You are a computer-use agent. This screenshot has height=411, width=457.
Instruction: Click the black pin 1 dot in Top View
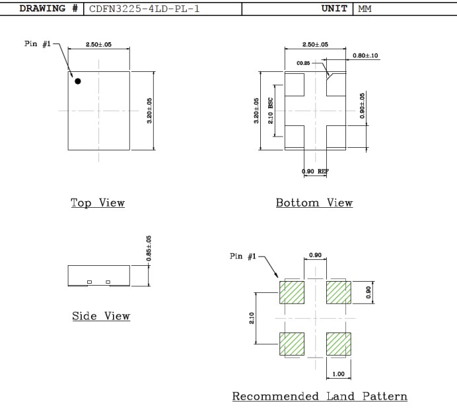tap(78, 81)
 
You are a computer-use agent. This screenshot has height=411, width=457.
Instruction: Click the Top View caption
tap(98, 203)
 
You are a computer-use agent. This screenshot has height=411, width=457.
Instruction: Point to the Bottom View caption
tap(314, 203)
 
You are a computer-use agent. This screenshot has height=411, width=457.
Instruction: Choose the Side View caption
tap(100, 317)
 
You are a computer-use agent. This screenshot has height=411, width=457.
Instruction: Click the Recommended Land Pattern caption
tap(320, 396)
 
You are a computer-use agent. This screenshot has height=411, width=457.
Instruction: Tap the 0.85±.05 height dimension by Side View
tap(148, 249)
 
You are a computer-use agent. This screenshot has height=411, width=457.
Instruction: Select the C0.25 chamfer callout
tap(304, 63)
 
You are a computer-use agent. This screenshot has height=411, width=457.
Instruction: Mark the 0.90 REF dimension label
tap(316, 171)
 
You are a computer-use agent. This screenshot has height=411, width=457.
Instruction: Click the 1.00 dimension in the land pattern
tap(338, 374)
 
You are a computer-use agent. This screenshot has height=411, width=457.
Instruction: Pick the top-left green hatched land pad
tap(291, 292)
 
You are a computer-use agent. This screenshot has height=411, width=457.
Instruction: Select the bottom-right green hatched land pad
tap(338, 344)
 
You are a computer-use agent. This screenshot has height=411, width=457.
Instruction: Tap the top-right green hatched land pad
tap(338, 292)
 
